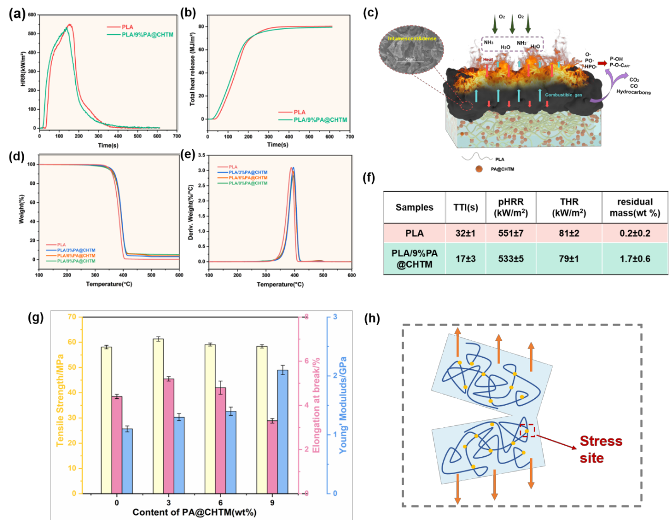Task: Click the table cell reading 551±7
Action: [x=511, y=233]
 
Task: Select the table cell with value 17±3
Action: [x=465, y=259]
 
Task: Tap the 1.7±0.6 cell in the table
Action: [x=635, y=259]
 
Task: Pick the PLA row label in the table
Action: [x=414, y=233]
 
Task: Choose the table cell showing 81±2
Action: [x=569, y=233]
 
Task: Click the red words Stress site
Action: [x=601, y=449]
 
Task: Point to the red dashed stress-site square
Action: [x=527, y=430]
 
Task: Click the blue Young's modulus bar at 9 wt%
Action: [x=283, y=431]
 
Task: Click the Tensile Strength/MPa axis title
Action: [x=60, y=400]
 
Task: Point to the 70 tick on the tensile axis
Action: [x=72, y=317]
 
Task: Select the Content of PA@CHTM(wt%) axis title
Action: [x=194, y=512]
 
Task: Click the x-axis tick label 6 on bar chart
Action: [x=221, y=503]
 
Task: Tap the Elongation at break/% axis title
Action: [x=316, y=405]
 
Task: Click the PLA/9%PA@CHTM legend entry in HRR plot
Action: [x=147, y=35]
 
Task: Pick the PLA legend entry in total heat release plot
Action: [x=299, y=112]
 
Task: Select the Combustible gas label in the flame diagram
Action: [x=563, y=95]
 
